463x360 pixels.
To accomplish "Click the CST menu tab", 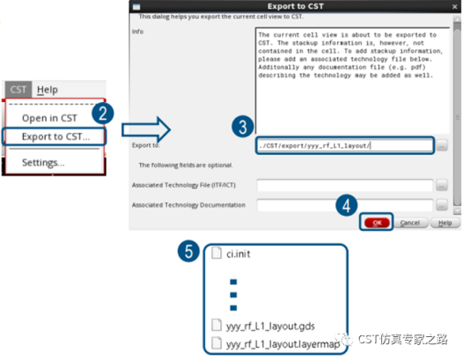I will coord(18,90).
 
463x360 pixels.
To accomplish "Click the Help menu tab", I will coord(48,90).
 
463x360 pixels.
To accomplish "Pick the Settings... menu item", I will coord(43,163).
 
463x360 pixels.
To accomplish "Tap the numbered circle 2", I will coord(104,113).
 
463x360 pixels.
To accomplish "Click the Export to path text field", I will coord(344,144).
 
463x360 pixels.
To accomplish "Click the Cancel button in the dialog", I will coord(409,224).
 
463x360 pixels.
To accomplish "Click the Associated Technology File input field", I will coord(344,185).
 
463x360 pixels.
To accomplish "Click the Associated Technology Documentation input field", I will coord(344,205).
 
